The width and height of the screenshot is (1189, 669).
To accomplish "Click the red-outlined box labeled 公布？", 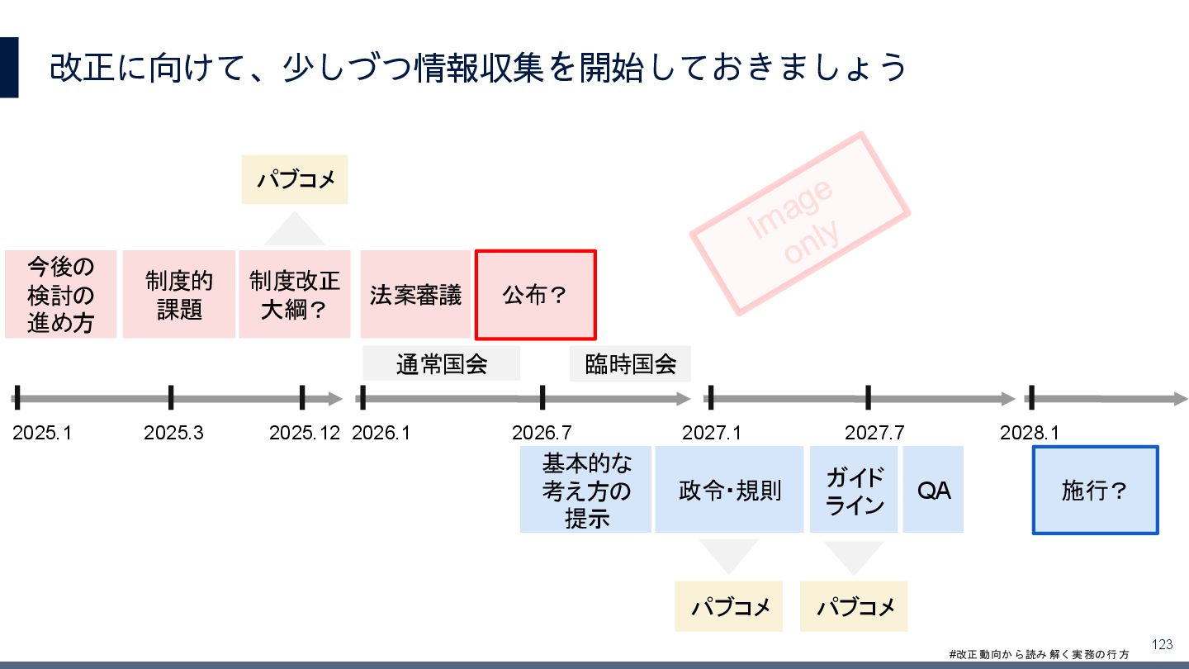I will point(535,295).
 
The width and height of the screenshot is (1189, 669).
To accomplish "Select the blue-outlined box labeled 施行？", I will point(1095,491).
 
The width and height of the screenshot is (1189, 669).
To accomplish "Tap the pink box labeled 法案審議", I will point(415,295).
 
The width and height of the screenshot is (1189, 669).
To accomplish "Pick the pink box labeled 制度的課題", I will point(179,295).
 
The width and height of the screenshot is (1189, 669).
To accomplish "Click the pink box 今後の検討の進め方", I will point(60,295).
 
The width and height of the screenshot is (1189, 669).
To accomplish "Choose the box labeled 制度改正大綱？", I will point(295,295).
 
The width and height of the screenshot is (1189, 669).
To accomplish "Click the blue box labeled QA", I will point(933,490).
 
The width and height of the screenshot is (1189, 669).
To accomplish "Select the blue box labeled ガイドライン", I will point(854,490).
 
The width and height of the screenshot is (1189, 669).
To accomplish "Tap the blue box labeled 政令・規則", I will point(729,490).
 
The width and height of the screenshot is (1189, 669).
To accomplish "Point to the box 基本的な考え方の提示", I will point(586,490).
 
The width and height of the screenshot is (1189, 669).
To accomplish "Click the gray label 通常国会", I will point(442,364).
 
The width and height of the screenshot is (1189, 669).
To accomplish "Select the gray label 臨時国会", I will point(630,364).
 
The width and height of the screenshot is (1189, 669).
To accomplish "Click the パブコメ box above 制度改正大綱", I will point(295,179).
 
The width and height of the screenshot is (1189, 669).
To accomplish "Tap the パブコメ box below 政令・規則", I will point(731,607).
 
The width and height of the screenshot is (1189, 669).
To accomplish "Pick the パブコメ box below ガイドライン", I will point(854,607).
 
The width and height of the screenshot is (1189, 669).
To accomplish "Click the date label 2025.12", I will point(305,432).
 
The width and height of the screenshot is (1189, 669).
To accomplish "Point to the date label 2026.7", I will point(542,432).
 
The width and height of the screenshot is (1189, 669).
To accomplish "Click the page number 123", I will point(1162,644).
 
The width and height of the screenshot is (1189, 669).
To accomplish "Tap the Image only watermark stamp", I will point(799,223).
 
